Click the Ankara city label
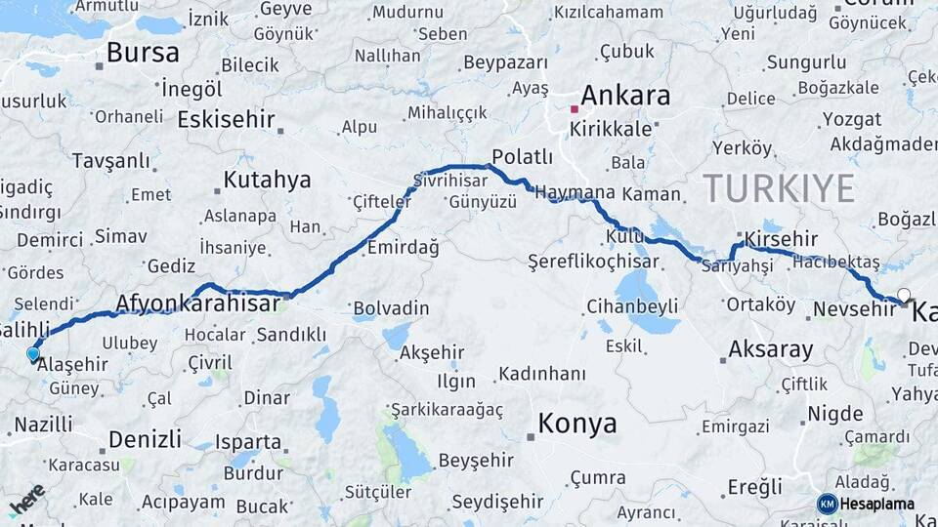pyautogui.click(x=625, y=96)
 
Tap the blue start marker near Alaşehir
pyautogui.click(x=34, y=353)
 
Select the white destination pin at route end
pyautogui.click(x=904, y=295)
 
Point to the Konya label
pyautogui.click(x=577, y=424)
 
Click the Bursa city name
pyautogui.click(x=143, y=52)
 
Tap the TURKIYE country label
pyautogui.click(x=779, y=187)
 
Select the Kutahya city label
pyautogui.click(x=267, y=180)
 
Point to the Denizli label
pyautogui.click(x=145, y=439)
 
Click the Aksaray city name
pyautogui.click(x=771, y=348)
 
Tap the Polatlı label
pyautogui.click(x=522, y=157)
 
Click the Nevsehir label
pyautogui.click(x=848, y=308)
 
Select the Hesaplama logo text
pyautogui.click(x=877, y=504)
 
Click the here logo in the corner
pyautogui.click(x=27, y=498)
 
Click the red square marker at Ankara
pyautogui.click(x=575, y=109)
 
